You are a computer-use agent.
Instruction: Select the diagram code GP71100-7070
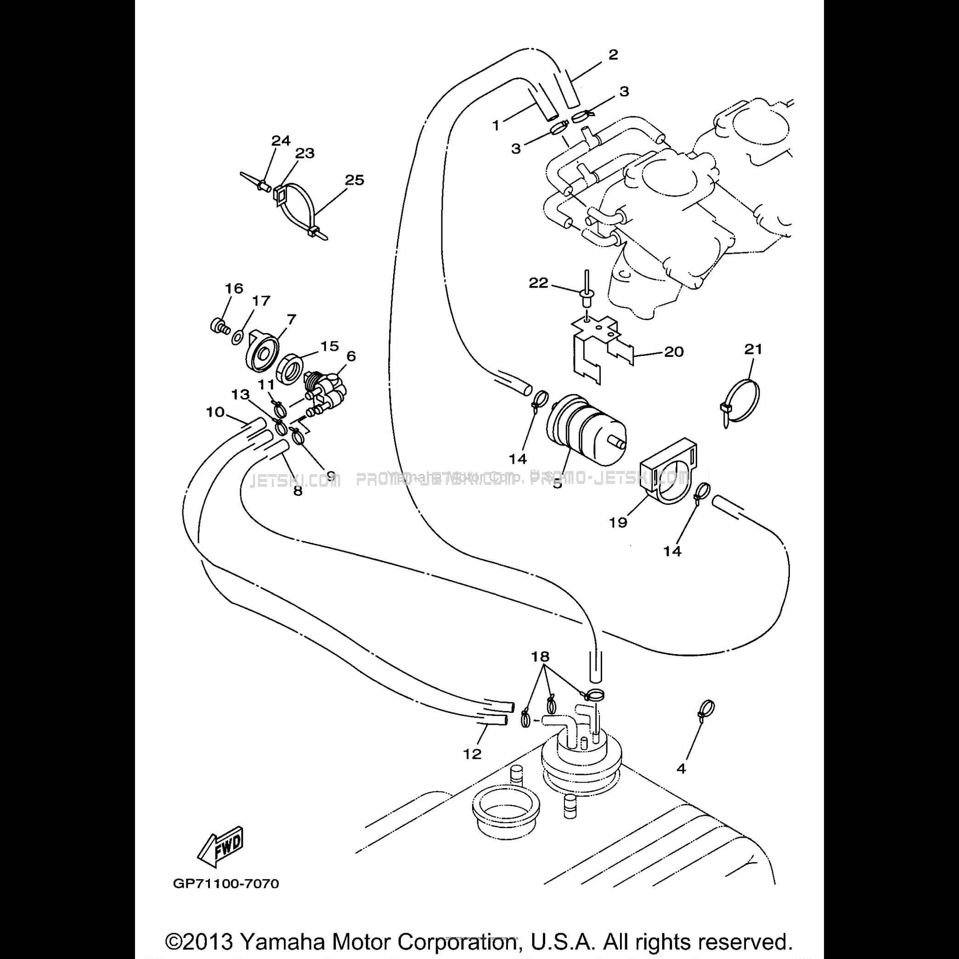pyautogui.click(x=226, y=884)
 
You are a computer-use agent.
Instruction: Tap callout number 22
pyautogui.click(x=538, y=283)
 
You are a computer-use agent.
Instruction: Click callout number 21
pyautogui.click(x=752, y=350)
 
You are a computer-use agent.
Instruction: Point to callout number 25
pyautogui.click(x=355, y=180)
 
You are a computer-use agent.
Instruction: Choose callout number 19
pyautogui.click(x=619, y=522)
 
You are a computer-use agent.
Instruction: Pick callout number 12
pyautogui.click(x=472, y=754)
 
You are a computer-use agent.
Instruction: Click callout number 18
pyautogui.click(x=541, y=656)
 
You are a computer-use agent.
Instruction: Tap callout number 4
pyautogui.click(x=681, y=768)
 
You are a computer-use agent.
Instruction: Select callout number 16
pyautogui.click(x=234, y=288)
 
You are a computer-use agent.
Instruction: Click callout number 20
pyautogui.click(x=674, y=352)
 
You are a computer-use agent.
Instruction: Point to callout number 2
pyautogui.click(x=613, y=55)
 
